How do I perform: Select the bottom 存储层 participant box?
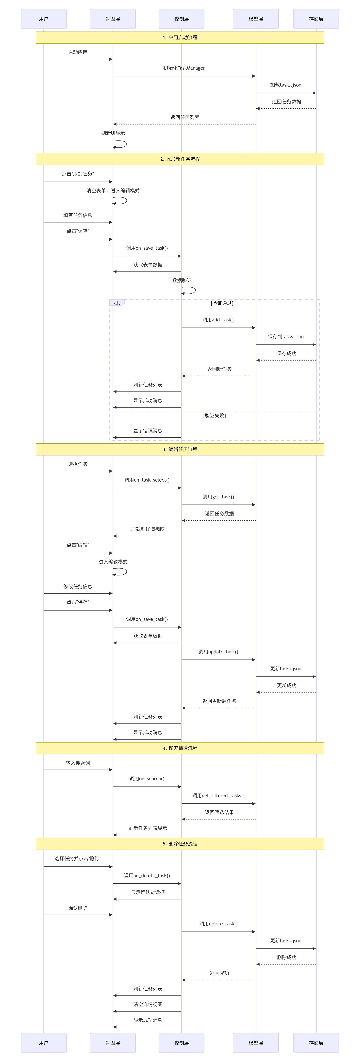click(316, 1043)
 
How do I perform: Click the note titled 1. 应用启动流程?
click(180, 38)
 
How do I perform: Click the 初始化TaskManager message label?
click(184, 68)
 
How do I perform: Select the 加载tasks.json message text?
click(286, 85)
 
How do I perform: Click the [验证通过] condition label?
click(222, 303)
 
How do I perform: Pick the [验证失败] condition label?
click(214, 416)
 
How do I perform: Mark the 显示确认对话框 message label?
click(148, 892)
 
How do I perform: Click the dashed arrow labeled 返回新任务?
click(219, 376)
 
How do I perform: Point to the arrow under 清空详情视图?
click(148, 1011)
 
